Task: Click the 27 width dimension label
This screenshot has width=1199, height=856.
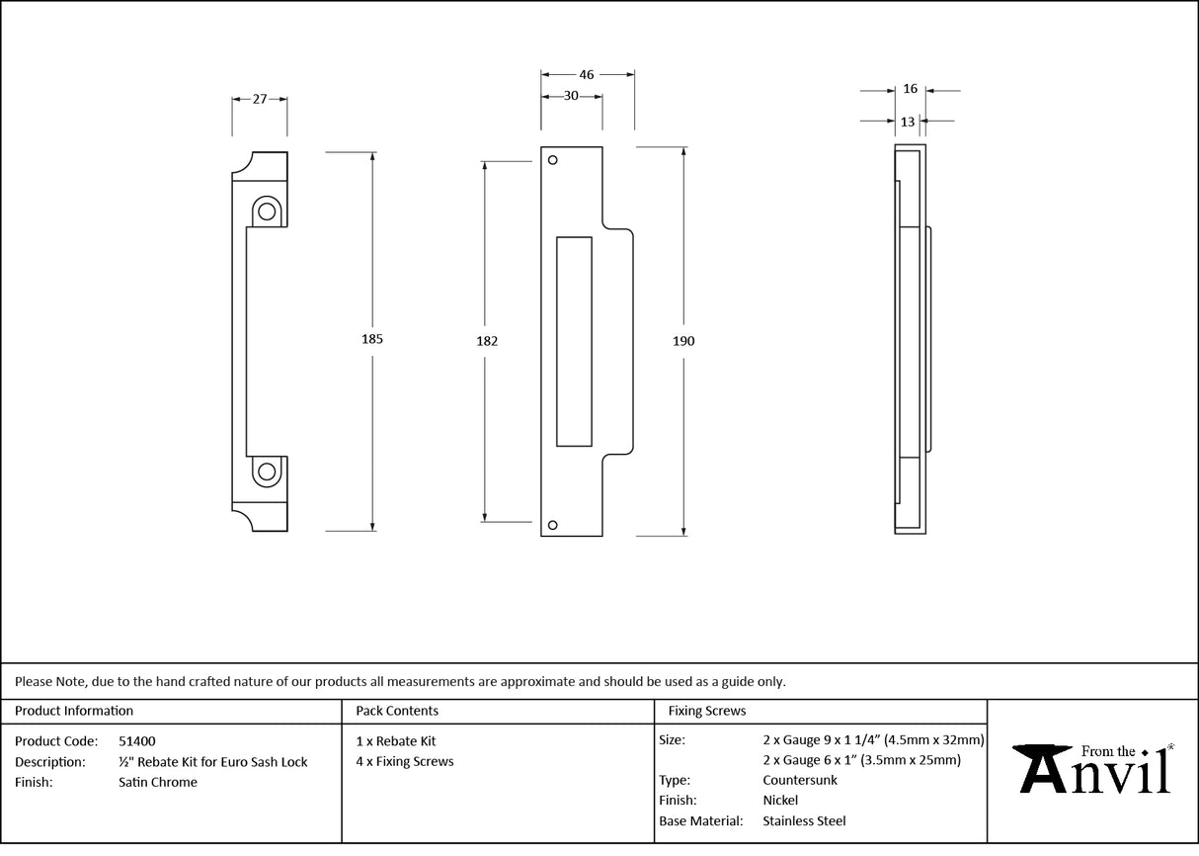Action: pos(260,99)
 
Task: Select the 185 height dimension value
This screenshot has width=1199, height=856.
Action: pos(371,339)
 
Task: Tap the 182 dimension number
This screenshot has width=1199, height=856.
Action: pos(486,341)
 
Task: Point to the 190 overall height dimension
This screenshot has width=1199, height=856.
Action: pos(683,341)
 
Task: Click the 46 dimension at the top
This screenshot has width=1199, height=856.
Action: pos(587,74)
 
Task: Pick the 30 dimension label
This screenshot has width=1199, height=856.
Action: pos(571,96)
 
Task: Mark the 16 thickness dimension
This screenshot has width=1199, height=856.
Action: pos(910,89)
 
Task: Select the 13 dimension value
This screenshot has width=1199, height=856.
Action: pos(908,122)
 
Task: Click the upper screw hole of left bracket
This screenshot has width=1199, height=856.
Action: pos(266,211)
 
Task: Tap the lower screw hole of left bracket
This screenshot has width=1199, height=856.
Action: pos(266,471)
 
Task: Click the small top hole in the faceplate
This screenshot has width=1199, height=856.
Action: pos(553,160)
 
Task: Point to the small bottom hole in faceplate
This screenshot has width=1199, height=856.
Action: pos(553,525)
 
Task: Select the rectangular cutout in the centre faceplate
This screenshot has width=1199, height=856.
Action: pos(574,341)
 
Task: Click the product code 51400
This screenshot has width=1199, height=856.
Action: pos(136,741)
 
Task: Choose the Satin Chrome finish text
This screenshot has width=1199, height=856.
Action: pos(157,783)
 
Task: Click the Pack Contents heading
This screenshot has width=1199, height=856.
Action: pos(397,711)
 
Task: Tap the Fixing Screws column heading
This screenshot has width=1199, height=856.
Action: pos(707,711)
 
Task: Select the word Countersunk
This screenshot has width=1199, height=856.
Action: pos(800,780)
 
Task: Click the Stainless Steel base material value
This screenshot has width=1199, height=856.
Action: pos(804,820)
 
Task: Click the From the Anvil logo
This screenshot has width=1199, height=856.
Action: pos(1094,769)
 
